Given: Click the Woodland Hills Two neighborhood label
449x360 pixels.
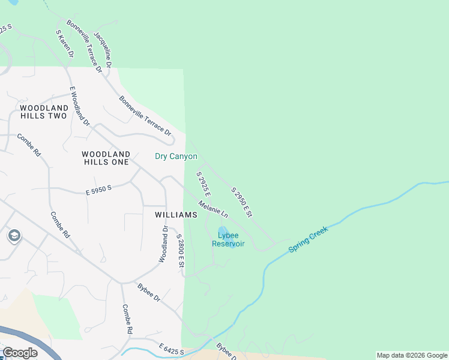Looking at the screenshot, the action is click(44, 112).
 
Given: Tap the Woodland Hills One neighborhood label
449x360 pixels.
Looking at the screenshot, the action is click(106, 158).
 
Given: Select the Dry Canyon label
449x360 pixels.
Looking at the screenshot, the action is click(176, 157).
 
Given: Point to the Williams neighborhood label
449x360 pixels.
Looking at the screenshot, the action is click(176, 215).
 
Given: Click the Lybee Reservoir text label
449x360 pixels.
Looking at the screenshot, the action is click(228, 240).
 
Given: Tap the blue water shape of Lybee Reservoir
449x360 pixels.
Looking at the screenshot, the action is click(223, 232).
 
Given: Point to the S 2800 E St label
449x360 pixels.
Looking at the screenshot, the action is click(180, 251).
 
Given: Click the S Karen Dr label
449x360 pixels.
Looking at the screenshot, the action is click(64, 44).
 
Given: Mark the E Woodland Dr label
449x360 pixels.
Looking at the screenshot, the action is click(79, 106).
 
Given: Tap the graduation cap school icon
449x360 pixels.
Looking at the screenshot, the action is click(14, 236).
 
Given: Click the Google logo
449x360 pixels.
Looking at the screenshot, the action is click(20, 353).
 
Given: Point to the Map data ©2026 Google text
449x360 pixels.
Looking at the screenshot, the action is click(412, 355).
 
